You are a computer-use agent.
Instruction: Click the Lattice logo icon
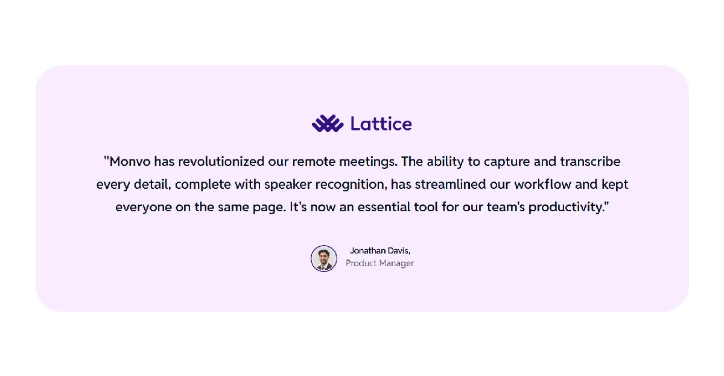coord(328,124)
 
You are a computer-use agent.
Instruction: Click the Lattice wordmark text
coord(381,124)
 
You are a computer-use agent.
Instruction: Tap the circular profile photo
coord(324,258)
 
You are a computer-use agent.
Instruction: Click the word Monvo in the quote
coord(130,162)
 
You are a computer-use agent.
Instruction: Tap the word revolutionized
coord(221,162)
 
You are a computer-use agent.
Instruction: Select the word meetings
coord(368,162)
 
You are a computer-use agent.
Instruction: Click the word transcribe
coord(590,162)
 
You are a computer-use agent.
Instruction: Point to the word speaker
coord(288,185)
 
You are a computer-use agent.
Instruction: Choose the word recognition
coord(351,185)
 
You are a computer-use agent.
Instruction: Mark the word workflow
coord(543,184)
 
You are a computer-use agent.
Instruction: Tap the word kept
coord(615,185)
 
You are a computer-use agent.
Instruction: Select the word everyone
coord(144,208)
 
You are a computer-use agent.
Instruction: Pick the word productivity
coord(567,208)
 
